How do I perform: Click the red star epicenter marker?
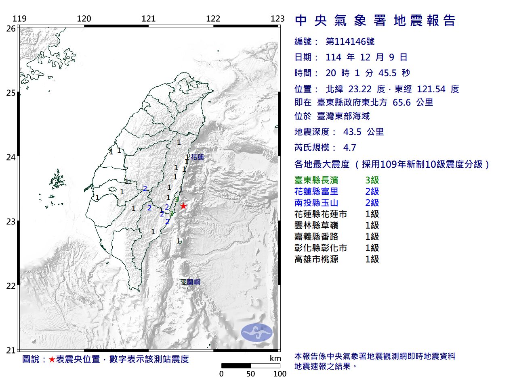click(183, 206)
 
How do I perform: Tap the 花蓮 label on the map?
click(198, 157)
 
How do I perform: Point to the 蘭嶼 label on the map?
click(193, 282)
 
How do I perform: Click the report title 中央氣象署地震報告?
click(375, 21)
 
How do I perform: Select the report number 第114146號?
click(350, 42)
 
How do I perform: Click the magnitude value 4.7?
click(349, 148)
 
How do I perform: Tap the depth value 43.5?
click(352, 132)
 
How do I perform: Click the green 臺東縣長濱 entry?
click(316, 180)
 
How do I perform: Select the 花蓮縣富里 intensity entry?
click(316, 191)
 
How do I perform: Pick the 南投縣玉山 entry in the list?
click(316, 203)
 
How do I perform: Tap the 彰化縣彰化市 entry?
click(321, 248)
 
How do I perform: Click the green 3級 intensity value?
click(372, 180)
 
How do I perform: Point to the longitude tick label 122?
click(213, 19)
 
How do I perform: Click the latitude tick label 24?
click(11, 157)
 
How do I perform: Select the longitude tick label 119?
click(19, 19)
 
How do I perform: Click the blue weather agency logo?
click(257, 333)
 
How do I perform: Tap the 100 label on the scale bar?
click(280, 374)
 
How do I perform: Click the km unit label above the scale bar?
click(275, 358)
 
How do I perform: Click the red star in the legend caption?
click(52, 359)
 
